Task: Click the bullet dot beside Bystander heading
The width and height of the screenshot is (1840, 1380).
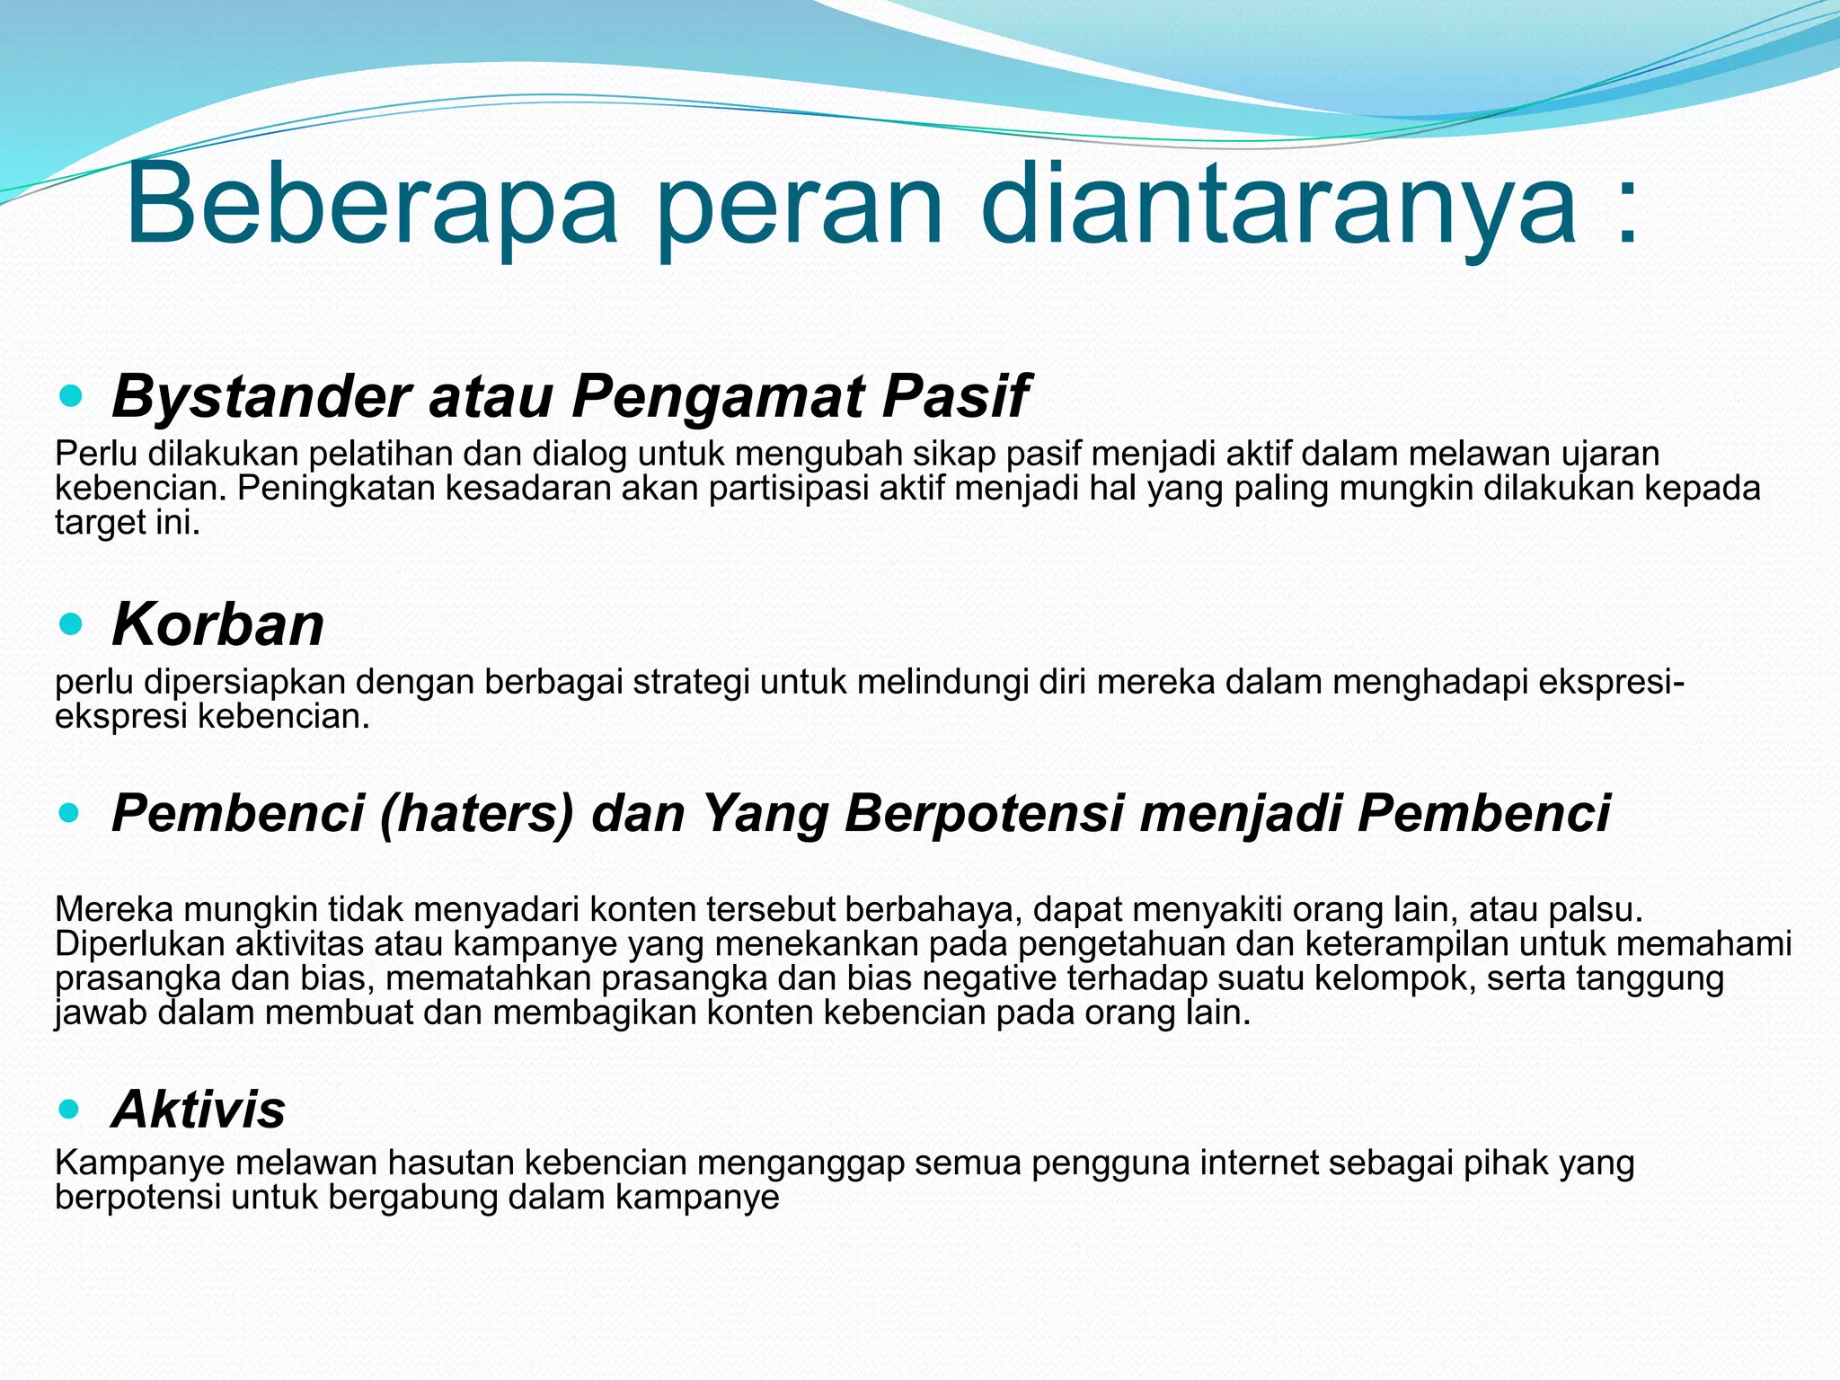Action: pos(70,395)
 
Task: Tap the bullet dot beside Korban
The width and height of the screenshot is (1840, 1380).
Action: pos(70,624)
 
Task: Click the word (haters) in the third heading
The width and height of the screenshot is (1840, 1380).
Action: pos(476,814)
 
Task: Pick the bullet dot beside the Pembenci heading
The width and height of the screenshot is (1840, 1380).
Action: pos(70,814)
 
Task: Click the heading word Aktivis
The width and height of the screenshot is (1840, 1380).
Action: pos(199,1110)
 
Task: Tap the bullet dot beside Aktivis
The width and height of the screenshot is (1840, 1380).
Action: pos(70,1110)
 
